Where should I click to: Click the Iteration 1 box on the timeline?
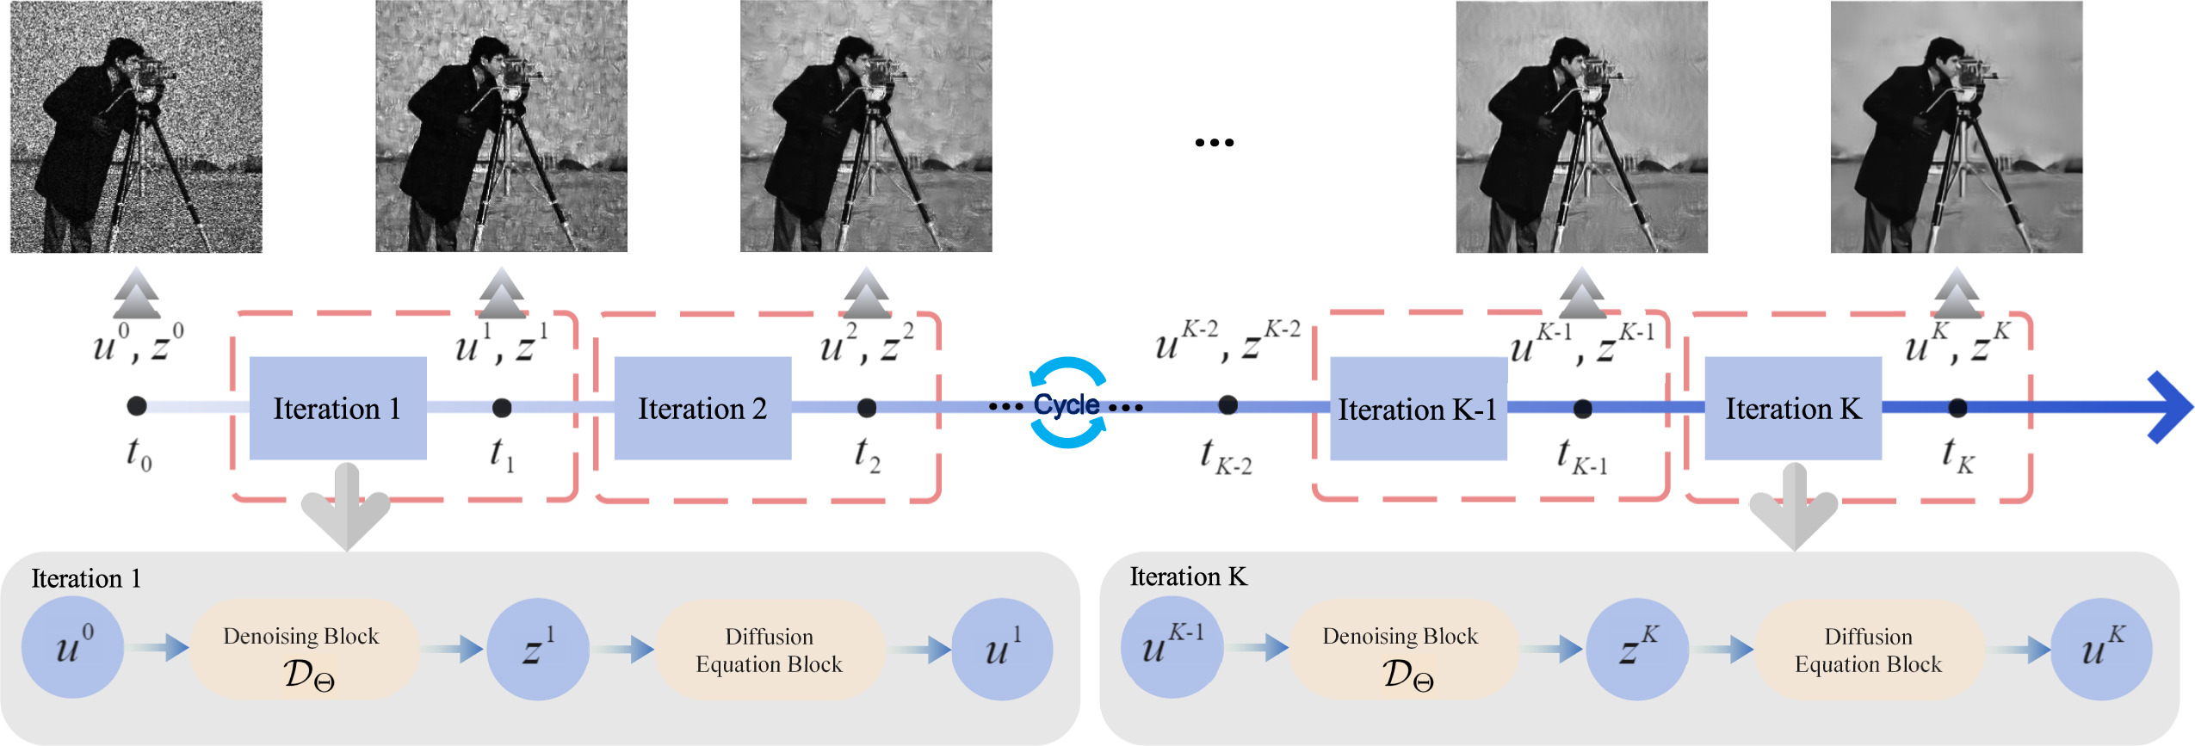coord(337,408)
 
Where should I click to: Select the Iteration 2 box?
coord(702,408)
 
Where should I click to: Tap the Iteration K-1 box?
coord(1418,409)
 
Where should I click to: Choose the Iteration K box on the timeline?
coord(1793,408)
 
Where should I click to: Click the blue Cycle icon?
coord(1067,403)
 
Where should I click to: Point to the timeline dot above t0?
coord(136,406)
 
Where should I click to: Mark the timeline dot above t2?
coord(867,408)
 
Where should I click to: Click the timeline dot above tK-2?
coord(1228,404)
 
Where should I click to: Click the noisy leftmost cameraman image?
coord(136,126)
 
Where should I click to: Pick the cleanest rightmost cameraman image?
coord(1956,126)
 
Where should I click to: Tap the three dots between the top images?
coord(1214,143)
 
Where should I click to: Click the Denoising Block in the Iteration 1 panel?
coord(303,650)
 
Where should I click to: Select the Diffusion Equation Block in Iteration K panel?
coord(1868,650)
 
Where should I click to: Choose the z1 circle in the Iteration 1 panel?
coord(538,650)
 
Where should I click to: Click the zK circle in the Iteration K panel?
coord(1636,650)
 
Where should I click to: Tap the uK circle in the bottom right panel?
coord(2101,650)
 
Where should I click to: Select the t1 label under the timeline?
coord(502,453)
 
